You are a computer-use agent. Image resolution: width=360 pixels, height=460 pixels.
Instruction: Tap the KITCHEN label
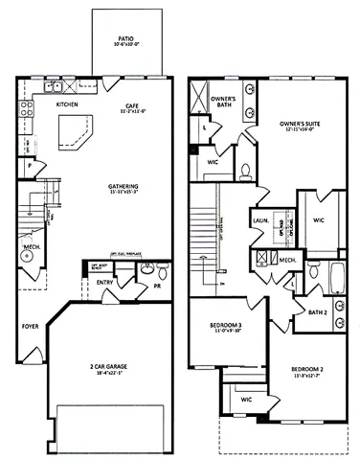point(66,103)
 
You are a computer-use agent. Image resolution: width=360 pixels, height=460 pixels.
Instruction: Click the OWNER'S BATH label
point(222,103)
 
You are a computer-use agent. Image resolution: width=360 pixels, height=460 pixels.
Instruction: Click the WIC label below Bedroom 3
point(246,398)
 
